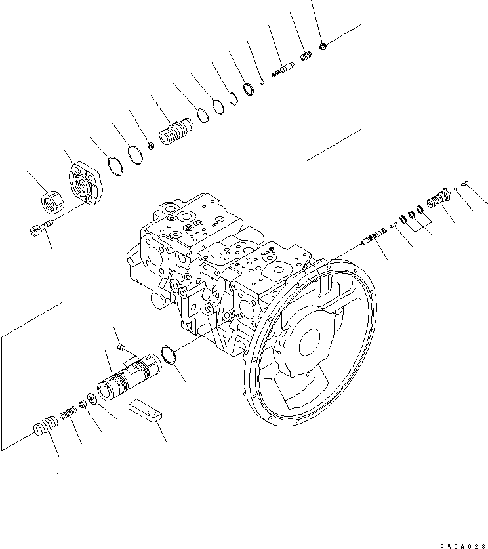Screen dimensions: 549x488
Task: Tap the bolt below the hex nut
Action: [x=41, y=228]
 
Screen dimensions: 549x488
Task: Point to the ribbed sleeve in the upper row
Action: [x=174, y=134]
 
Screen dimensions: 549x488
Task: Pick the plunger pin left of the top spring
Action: [x=283, y=69]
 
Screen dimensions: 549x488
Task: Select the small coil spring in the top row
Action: [x=305, y=58]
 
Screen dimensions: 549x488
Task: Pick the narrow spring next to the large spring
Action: [x=68, y=415]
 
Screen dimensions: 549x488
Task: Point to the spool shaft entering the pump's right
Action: [x=373, y=236]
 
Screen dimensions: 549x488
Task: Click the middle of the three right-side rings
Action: [x=411, y=215]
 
